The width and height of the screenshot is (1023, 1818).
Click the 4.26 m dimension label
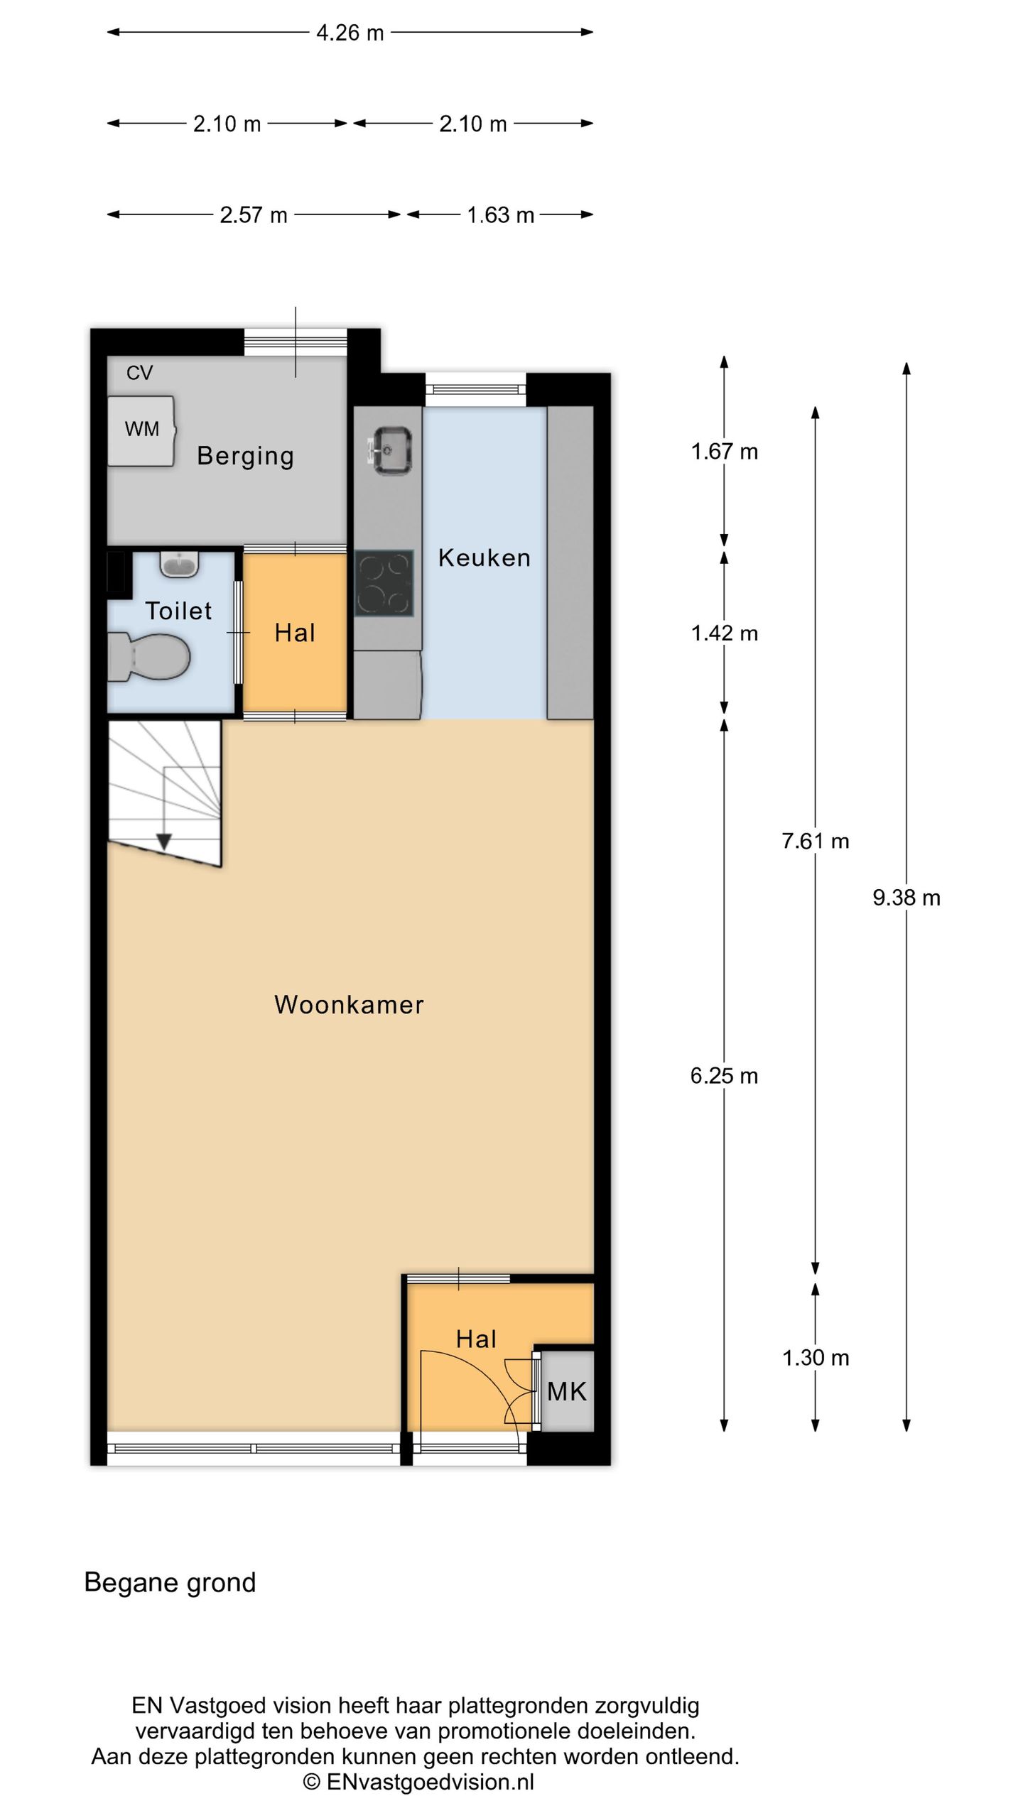pos(350,33)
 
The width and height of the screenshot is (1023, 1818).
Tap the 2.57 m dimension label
pos(254,215)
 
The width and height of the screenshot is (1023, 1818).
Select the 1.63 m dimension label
pos(500,215)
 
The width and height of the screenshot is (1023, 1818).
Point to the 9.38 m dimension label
pos(906,898)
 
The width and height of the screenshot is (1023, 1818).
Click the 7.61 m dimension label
pos(815,841)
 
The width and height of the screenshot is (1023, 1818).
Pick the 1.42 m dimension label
pos(724,633)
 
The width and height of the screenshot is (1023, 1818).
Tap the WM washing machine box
pos(141,430)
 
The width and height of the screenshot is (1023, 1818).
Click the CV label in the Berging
pos(139,373)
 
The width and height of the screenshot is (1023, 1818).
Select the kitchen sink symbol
pos(389,450)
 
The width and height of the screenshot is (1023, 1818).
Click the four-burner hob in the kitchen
pos(384,583)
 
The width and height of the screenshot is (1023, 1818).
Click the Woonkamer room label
pos(349,1004)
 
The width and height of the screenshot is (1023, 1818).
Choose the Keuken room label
pos(484,557)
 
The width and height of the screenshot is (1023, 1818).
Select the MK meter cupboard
pos(566,1391)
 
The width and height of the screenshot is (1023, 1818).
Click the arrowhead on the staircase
pos(164,842)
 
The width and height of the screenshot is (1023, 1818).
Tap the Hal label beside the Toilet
pos(294,633)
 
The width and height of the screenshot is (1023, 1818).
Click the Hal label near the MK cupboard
pos(476,1339)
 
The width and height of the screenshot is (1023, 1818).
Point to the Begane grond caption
pos(170,1582)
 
